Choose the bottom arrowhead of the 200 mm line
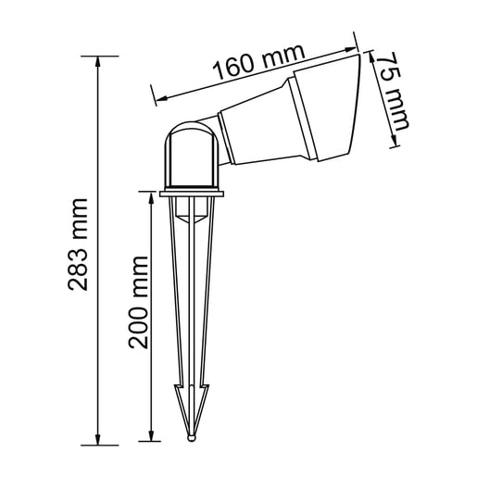pyautogui.click(x=151, y=436)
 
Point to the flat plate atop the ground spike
pyautogui.click(x=193, y=195)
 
